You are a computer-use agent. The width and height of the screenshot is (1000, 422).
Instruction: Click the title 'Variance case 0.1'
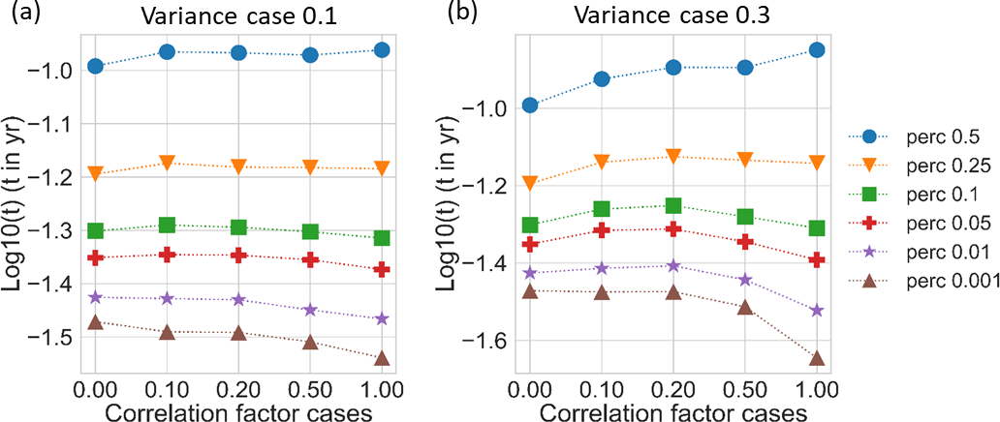(236, 15)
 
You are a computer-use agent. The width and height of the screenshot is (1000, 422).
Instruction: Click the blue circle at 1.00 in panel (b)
(816, 49)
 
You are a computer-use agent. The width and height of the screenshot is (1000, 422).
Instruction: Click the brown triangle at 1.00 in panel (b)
(816, 358)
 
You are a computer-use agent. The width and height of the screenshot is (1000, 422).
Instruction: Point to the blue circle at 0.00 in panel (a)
(95, 66)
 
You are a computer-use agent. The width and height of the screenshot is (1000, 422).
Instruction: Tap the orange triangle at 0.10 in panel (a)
(167, 163)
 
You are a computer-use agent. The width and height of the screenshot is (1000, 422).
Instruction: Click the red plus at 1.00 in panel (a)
(382, 269)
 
